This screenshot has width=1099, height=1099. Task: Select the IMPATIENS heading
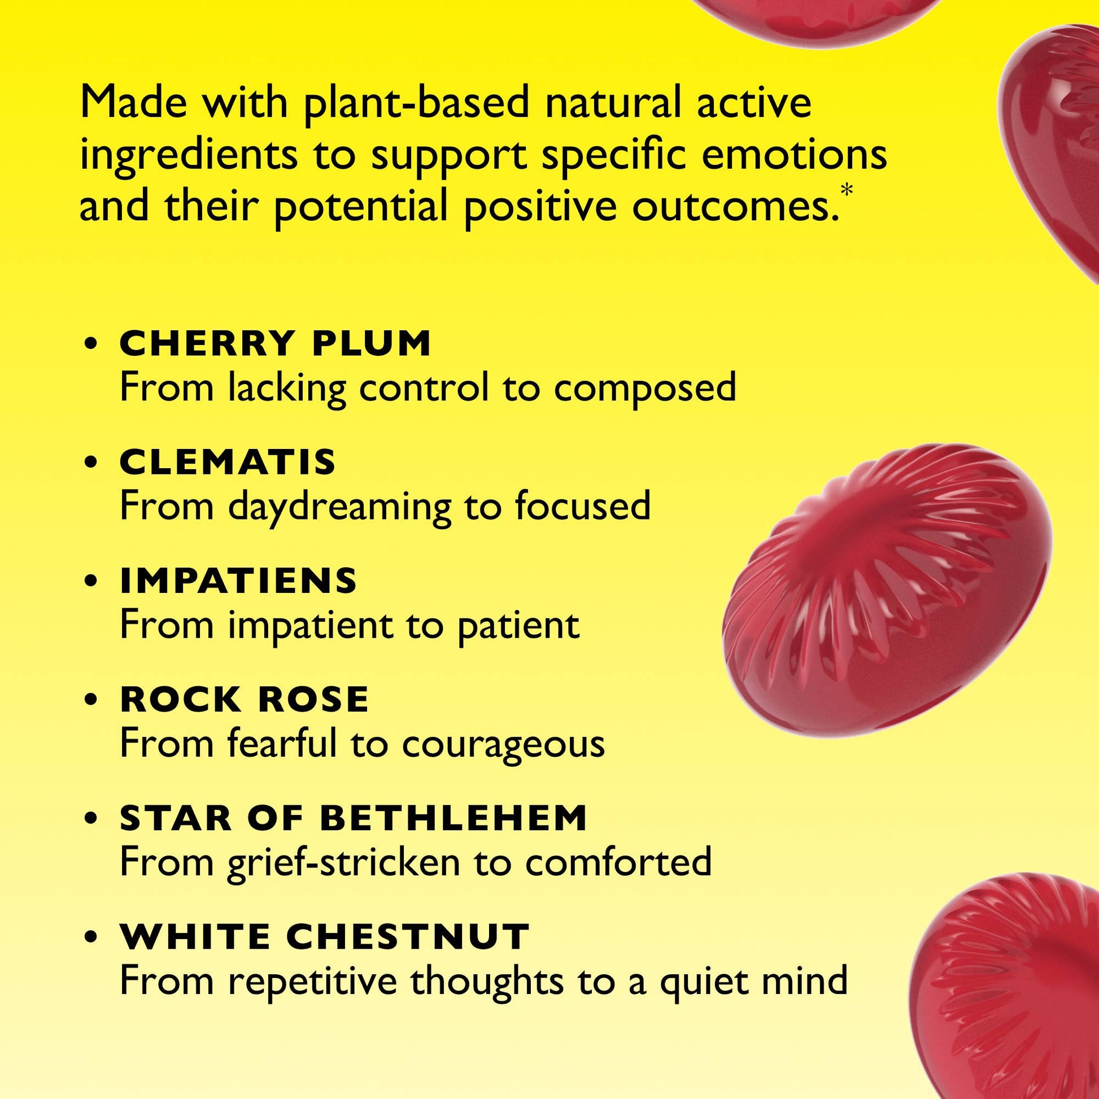point(238,580)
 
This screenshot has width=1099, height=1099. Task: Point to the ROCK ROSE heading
point(245,699)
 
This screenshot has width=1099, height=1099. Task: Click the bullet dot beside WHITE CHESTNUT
point(90,937)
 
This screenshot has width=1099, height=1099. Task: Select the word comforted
point(619,862)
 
